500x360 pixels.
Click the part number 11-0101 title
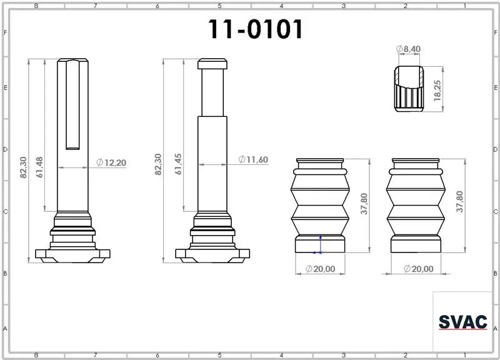(x=256, y=29)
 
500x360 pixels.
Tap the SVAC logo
(x=463, y=322)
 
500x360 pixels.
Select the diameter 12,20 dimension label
(x=111, y=162)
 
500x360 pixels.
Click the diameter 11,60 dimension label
(x=253, y=159)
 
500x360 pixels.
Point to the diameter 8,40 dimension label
(x=408, y=49)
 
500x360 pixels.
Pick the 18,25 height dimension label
(x=437, y=91)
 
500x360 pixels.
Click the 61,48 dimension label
(x=39, y=167)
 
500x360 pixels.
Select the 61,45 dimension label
(x=178, y=164)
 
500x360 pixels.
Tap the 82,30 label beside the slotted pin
(x=23, y=167)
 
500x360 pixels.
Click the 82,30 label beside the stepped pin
(x=158, y=164)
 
